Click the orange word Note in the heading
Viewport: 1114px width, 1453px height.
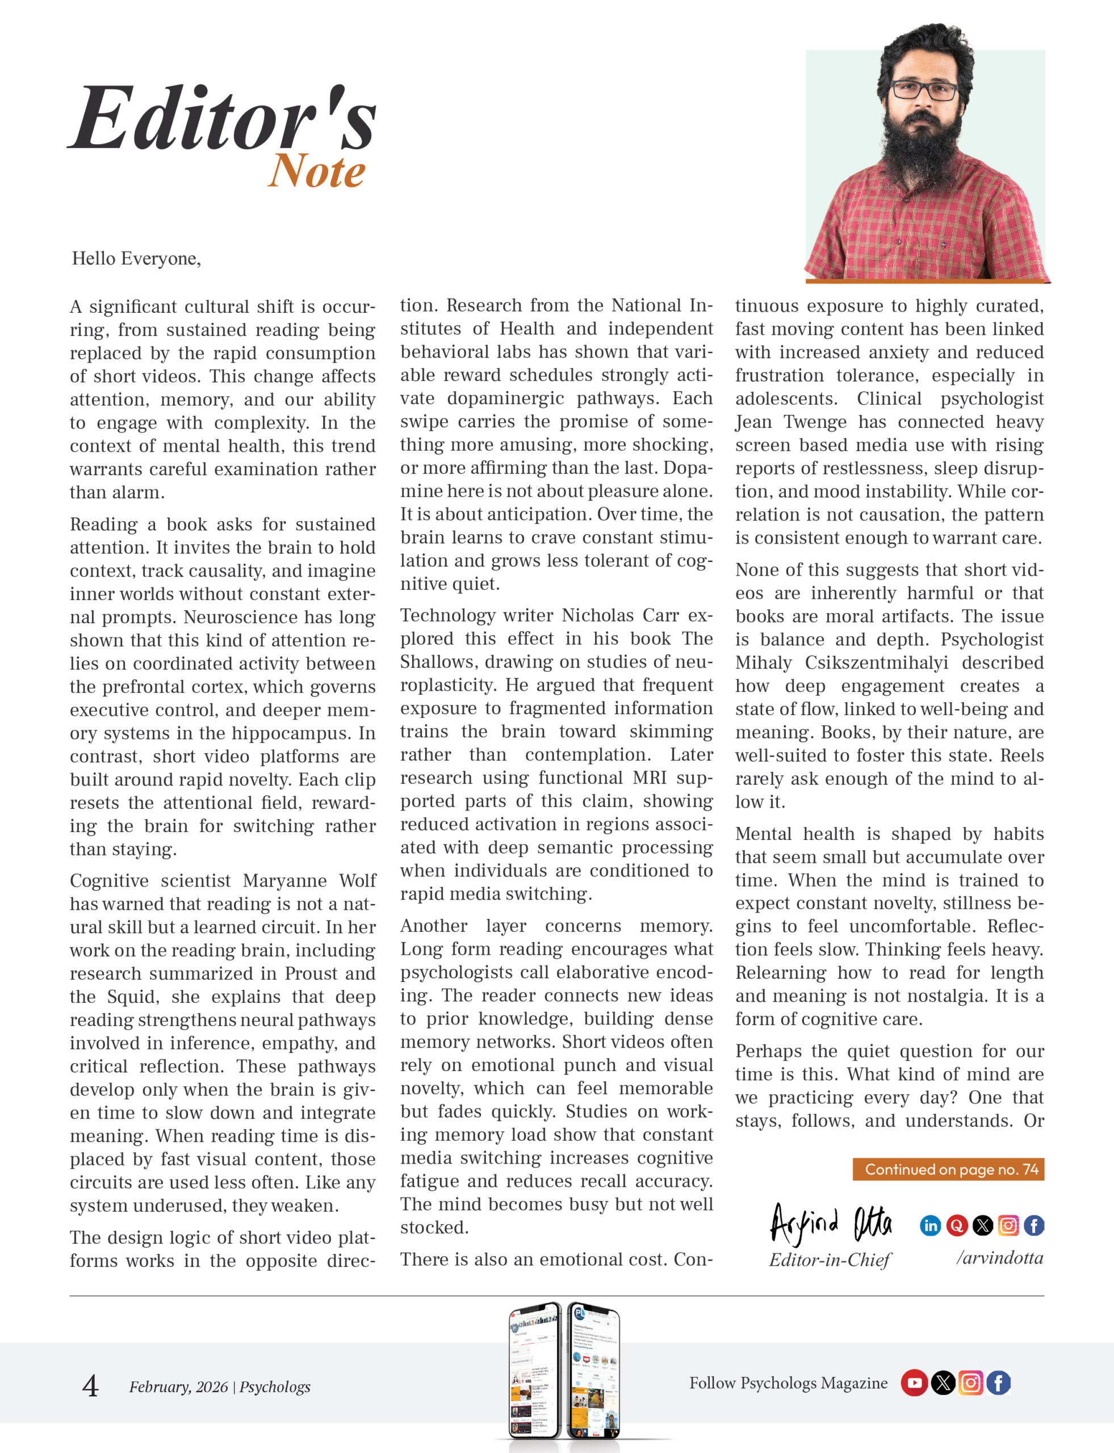(x=317, y=171)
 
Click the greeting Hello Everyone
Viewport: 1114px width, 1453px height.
(x=136, y=258)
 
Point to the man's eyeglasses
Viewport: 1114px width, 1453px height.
(x=924, y=90)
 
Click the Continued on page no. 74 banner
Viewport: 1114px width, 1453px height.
(x=948, y=1169)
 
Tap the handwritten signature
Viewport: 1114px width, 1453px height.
(x=830, y=1224)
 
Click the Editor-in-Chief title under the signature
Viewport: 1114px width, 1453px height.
(x=830, y=1260)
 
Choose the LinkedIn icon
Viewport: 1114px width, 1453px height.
(x=931, y=1225)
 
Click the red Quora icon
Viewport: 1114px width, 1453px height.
(x=956, y=1225)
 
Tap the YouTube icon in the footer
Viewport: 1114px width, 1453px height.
(x=914, y=1383)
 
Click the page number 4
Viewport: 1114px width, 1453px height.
(x=90, y=1386)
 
